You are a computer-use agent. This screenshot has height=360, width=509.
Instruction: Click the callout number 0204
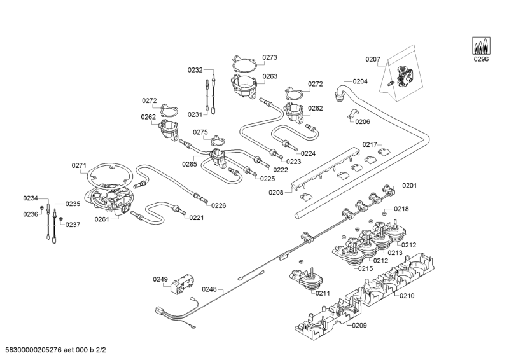click(x=360, y=81)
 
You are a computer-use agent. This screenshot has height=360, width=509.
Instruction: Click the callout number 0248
click(x=210, y=289)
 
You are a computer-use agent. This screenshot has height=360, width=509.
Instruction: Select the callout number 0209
click(x=359, y=326)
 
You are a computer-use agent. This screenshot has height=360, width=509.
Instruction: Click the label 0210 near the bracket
click(x=407, y=296)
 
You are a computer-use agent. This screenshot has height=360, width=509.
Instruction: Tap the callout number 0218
click(x=401, y=209)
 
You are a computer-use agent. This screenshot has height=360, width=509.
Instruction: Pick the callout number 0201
click(x=409, y=186)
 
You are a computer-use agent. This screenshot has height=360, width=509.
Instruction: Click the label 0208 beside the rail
click(x=276, y=191)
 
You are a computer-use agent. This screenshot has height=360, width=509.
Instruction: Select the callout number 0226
click(x=218, y=205)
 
